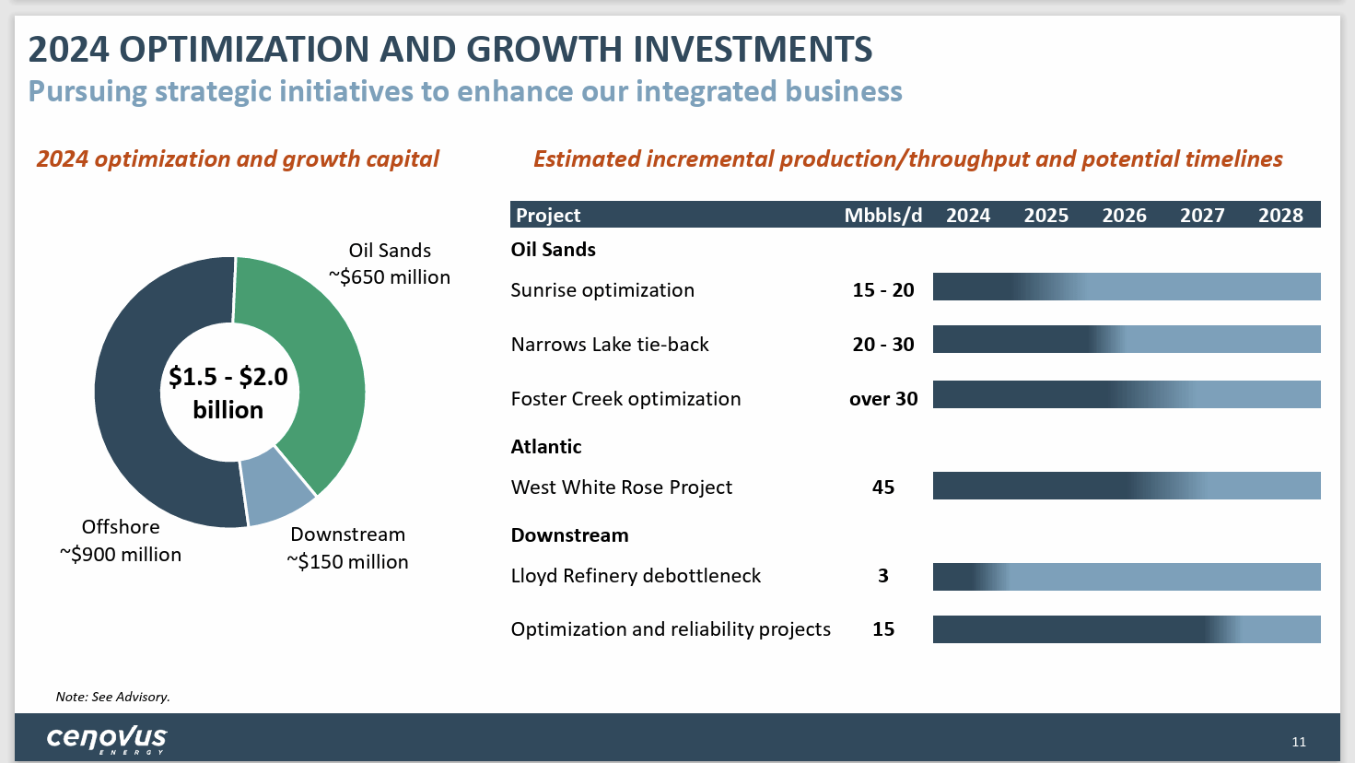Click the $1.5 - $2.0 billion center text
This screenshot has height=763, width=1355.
[228, 393]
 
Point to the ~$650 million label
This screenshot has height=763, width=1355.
[390, 277]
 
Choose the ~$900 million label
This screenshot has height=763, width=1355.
[121, 555]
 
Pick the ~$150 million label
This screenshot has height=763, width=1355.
[347, 562]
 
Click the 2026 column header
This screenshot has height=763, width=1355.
[1124, 216]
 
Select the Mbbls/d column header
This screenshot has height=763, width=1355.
[882, 216]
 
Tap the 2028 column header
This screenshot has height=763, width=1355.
[1280, 216]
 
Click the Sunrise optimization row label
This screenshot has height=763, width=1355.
[602, 290]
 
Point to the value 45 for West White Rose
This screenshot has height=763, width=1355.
[882, 487]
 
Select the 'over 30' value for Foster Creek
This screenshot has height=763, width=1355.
[882, 399]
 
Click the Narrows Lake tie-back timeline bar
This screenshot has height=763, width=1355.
[1126, 339]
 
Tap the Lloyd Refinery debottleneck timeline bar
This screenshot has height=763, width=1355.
[1126, 577]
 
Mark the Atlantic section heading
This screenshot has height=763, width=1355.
[546, 447]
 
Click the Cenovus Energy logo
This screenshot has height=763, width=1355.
[107, 739]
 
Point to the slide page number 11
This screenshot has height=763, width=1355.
[1299, 742]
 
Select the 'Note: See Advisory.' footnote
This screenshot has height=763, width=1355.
[112, 697]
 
